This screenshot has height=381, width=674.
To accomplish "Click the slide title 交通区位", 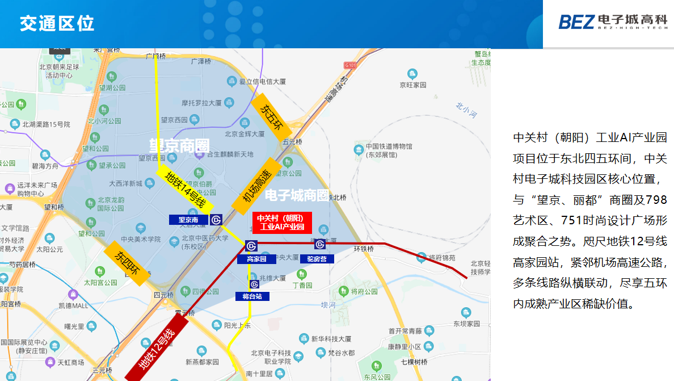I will click(57, 24).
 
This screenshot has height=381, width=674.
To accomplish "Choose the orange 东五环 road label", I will click(271, 117).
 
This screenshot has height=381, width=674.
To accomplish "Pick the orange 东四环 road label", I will click(126, 263).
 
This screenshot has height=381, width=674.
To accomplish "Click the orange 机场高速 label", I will click(256, 185).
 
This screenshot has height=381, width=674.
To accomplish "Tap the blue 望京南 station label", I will click(188, 220).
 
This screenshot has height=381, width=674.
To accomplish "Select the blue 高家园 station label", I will click(256, 259).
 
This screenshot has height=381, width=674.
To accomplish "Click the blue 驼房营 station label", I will click(317, 259).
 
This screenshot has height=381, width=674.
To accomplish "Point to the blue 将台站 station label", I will click(252, 296).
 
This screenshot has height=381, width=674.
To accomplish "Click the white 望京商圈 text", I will click(179, 145).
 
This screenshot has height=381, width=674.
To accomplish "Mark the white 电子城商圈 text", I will click(297, 195).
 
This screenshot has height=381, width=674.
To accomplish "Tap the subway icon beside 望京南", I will click(216, 220).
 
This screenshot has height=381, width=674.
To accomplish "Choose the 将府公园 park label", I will click(364, 292).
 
